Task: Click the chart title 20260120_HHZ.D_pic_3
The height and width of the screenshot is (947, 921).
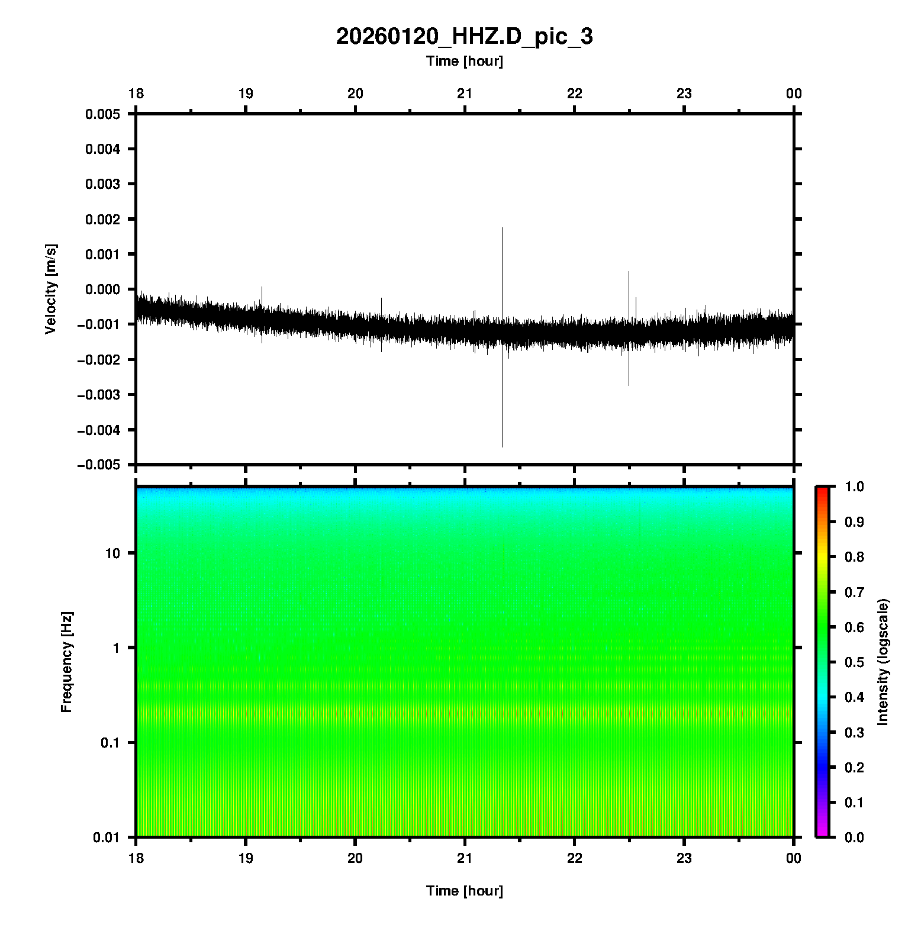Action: pyautogui.click(x=464, y=37)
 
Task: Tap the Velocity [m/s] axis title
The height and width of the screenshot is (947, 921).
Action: pyautogui.click(x=51, y=289)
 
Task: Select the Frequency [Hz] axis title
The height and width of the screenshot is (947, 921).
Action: pyautogui.click(x=66, y=662)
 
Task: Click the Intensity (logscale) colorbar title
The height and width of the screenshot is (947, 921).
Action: pyautogui.click(x=883, y=662)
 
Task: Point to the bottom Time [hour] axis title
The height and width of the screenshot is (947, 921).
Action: pyautogui.click(x=464, y=891)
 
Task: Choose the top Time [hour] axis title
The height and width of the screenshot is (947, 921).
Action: pyautogui.click(x=464, y=61)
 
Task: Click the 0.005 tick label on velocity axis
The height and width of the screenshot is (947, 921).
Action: pyautogui.click(x=102, y=114)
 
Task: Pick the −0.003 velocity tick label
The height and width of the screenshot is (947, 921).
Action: pyautogui.click(x=98, y=394)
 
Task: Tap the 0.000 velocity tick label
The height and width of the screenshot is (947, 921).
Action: pyautogui.click(x=102, y=289)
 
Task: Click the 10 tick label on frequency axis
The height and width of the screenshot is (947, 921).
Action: pyautogui.click(x=112, y=553)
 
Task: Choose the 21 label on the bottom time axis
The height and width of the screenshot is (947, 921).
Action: pyautogui.click(x=465, y=858)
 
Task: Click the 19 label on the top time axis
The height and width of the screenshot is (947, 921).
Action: pyautogui.click(x=246, y=94)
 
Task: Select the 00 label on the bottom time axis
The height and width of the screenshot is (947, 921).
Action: pyautogui.click(x=794, y=858)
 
